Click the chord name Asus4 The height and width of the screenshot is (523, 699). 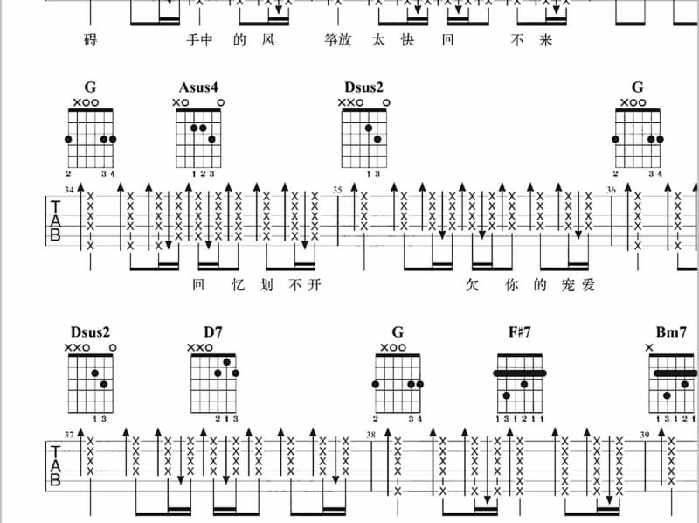point(198,87)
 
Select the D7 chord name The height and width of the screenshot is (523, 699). point(213,332)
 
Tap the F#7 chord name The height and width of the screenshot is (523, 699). point(520,332)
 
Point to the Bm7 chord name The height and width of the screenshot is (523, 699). point(671,332)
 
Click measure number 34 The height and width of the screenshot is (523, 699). point(69,190)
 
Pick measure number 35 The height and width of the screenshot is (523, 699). point(337,190)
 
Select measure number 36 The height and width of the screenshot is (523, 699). point(611,190)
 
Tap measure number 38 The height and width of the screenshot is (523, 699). point(370,435)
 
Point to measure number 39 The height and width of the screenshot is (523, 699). point(645,435)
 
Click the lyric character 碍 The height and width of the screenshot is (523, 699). point(91,40)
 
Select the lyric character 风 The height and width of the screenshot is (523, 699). point(268,40)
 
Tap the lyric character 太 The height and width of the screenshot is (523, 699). point(378,40)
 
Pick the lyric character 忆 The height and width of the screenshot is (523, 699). point(239,285)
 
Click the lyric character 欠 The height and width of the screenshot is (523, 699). point(472,285)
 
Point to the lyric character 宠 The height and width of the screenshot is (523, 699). point(568,285)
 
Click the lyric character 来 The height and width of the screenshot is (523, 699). point(545,40)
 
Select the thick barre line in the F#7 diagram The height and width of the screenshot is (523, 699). point(520,373)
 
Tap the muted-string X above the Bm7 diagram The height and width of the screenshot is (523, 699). point(649,347)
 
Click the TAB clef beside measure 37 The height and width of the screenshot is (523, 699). point(55,465)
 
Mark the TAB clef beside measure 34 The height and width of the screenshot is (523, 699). point(55,220)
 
